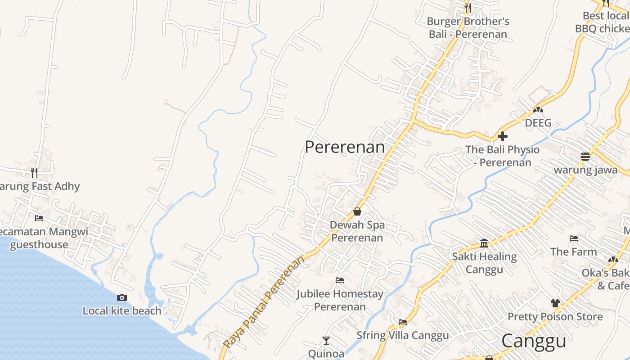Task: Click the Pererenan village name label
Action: tap(345, 147)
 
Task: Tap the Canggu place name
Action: tap(534, 341)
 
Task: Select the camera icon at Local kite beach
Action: tap(121, 297)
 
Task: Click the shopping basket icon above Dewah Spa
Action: tap(357, 211)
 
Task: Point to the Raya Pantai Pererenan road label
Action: tap(264, 302)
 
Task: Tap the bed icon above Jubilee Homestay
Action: tap(340, 280)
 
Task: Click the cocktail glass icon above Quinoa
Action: tap(326, 341)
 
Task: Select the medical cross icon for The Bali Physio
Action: tap(503, 136)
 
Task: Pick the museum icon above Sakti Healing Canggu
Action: tap(484, 243)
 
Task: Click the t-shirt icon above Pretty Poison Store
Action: tap(555, 303)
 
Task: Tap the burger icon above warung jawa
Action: tap(585, 157)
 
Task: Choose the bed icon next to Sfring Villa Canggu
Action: tap(403, 322)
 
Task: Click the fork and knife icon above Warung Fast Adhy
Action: tap(34, 172)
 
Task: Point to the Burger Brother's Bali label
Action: tap(468, 27)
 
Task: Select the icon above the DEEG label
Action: tap(538, 109)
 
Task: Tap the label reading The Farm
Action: tap(574, 252)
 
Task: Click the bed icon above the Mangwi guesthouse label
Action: tap(39, 218)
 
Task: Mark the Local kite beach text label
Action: tap(122, 310)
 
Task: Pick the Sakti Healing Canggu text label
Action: tap(484, 263)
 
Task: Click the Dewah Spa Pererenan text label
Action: tap(357, 231)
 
